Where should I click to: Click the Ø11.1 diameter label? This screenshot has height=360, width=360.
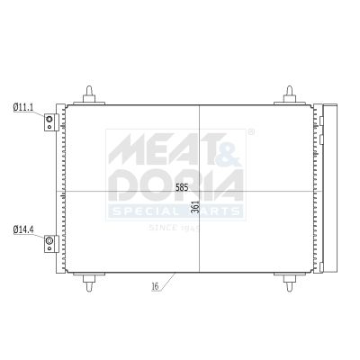[x=22, y=108]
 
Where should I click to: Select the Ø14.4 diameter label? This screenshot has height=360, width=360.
[x=22, y=230]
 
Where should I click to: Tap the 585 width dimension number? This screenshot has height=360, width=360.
[x=182, y=188]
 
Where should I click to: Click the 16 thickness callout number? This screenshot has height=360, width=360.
[x=156, y=287]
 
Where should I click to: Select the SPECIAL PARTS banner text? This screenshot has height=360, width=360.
[x=176, y=211]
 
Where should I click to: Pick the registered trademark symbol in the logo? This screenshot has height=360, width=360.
[x=250, y=132]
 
